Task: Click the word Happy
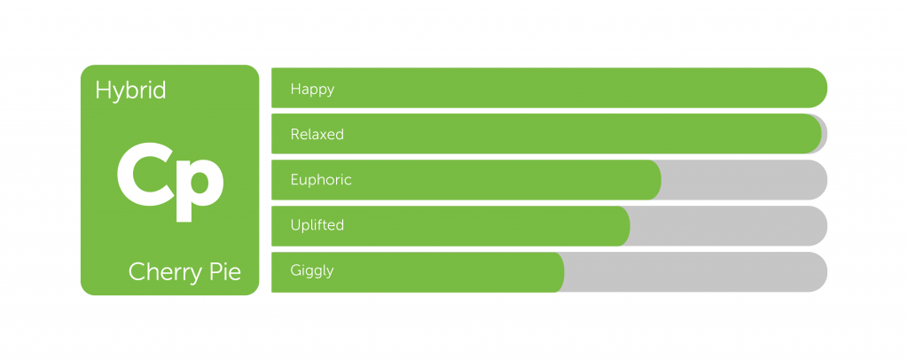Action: [x=313, y=90]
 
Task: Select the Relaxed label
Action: [x=317, y=134]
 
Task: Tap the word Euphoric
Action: [x=321, y=180]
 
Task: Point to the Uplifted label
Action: [x=317, y=225]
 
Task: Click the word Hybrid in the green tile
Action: [x=131, y=91]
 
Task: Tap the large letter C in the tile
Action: [x=145, y=174]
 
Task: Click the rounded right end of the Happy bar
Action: [x=818, y=88]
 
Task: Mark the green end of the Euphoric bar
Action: [x=655, y=180]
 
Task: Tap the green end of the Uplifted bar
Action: [x=623, y=226]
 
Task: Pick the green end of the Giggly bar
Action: [x=558, y=272]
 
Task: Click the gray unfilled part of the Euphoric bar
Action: [x=744, y=180]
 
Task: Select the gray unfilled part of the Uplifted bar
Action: [x=729, y=226]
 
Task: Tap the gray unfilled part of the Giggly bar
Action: [x=695, y=272]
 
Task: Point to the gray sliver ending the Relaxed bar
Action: [x=825, y=134]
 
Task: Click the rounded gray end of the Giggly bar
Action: [x=818, y=272]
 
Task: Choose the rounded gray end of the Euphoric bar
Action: [x=818, y=180]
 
